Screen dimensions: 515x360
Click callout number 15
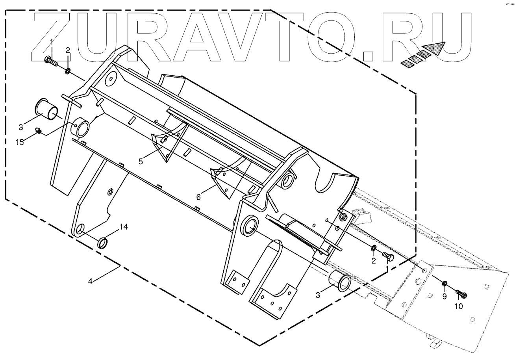tap(20, 142)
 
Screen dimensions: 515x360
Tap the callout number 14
tap(124, 227)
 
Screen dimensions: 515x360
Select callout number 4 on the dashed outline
tap(91, 281)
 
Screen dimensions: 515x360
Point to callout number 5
tap(141, 161)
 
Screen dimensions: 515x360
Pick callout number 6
tap(198, 196)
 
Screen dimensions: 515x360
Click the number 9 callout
tap(444, 297)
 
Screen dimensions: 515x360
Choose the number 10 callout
tap(458, 307)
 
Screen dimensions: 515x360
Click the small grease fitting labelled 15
tap(38, 130)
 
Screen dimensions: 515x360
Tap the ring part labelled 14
tap(103, 243)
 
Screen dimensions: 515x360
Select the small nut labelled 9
tap(444, 284)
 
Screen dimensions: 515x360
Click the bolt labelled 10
tap(461, 294)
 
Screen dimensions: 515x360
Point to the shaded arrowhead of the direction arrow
tap(436, 48)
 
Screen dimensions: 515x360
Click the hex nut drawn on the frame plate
tap(342, 216)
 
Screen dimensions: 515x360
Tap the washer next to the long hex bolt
tap(68, 71)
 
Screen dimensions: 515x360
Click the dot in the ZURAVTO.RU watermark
tap(368, 56)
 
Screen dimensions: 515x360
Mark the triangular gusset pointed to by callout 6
tap(223, 179)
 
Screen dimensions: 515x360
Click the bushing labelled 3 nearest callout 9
tap(341, 283)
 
